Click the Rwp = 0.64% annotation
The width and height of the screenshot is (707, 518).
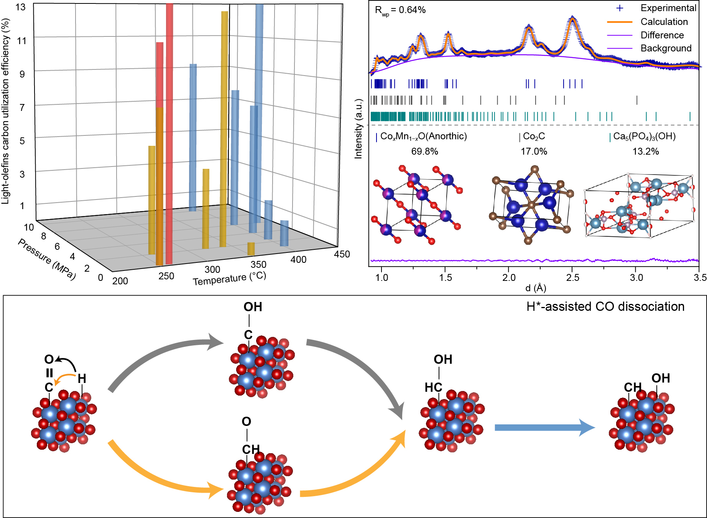[400, 10]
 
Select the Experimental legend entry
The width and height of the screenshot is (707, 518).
[668, 8]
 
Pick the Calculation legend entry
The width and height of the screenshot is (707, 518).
[664, 22]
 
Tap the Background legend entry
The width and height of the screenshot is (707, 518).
[666, 48]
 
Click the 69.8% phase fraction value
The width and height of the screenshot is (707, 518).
[424, 152]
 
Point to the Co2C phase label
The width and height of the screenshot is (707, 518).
[534, 137]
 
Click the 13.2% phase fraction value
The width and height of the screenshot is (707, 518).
[646, 152]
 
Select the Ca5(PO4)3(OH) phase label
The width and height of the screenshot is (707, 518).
[644, 137]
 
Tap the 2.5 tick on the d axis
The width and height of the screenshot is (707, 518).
[572, 277]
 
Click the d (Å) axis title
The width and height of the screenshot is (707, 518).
[536, 288]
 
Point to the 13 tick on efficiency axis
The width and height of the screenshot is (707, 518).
[21, 7]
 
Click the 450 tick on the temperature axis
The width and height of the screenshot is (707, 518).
[342, 254]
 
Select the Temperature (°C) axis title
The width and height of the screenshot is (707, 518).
[229, 279]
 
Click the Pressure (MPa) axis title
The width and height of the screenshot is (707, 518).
[47, 259]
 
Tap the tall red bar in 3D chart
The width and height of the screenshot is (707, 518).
[169, 134]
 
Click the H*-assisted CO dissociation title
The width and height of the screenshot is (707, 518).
[605, 307]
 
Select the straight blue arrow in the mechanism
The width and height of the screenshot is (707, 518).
[544, 427]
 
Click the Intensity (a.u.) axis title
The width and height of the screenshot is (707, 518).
[358, 129]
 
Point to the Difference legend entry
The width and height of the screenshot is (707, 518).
[662, 35]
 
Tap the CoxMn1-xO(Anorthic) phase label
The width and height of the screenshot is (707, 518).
[423, 137]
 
